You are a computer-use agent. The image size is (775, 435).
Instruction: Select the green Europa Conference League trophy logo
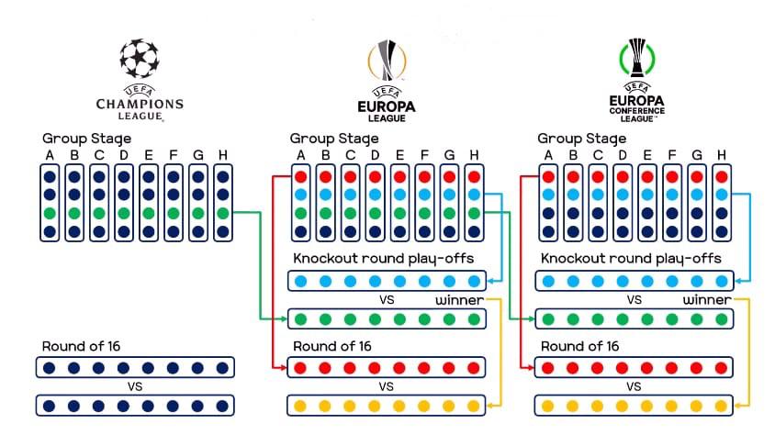[x=635, y=61]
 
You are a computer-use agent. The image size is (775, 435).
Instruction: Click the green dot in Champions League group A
[x=50, y=213]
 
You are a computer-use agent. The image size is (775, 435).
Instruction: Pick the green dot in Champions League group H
[x=222, y=213]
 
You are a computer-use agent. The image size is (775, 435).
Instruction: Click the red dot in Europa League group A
[x=300, y=176]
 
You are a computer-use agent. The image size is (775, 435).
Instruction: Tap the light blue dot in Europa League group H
[x=474, y=195]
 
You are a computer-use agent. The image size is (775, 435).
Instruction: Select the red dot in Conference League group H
[x=721, y=176]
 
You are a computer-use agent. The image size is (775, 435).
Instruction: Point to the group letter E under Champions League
[x=148, y=154]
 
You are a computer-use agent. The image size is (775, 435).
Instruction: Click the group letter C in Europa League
[x=350, y=154]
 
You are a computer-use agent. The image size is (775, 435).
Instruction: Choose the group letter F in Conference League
[x=671, y=154]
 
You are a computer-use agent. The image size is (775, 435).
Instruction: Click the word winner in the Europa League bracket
[x=459, y=300]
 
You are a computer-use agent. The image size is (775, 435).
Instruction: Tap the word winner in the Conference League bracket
[x=706, y=300]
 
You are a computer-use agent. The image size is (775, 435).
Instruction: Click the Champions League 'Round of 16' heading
[x=81, y=347]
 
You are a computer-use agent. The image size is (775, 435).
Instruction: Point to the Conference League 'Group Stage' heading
[x=582, y=139]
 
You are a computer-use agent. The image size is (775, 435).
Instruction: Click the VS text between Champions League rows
[x=135, y=386]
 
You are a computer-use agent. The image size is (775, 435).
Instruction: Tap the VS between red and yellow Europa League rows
[x=387, y=386]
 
